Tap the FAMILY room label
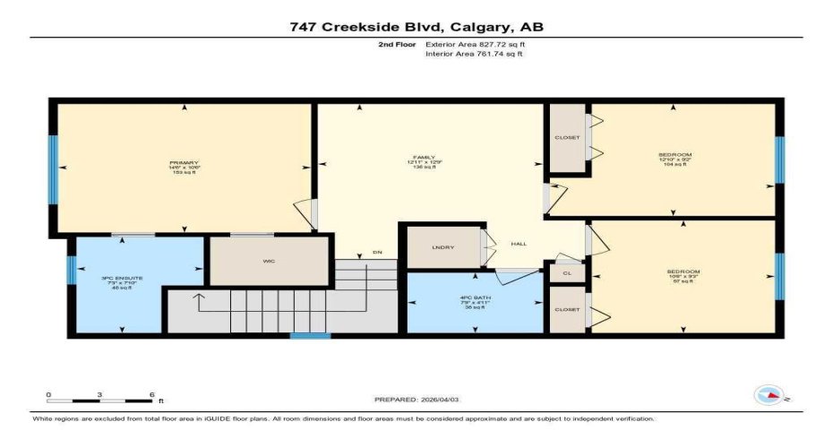(417, 158)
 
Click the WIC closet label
(268, 262)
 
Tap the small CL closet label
(566, 271)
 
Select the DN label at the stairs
(378, 254)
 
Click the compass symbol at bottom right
(769, 395)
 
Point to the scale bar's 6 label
(151, 394)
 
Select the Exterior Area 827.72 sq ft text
(474, 44)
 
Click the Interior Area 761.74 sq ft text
(473, 54)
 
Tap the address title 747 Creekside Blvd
(416, 27)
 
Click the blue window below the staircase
(310, 336)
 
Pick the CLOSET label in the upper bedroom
(567, 137)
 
